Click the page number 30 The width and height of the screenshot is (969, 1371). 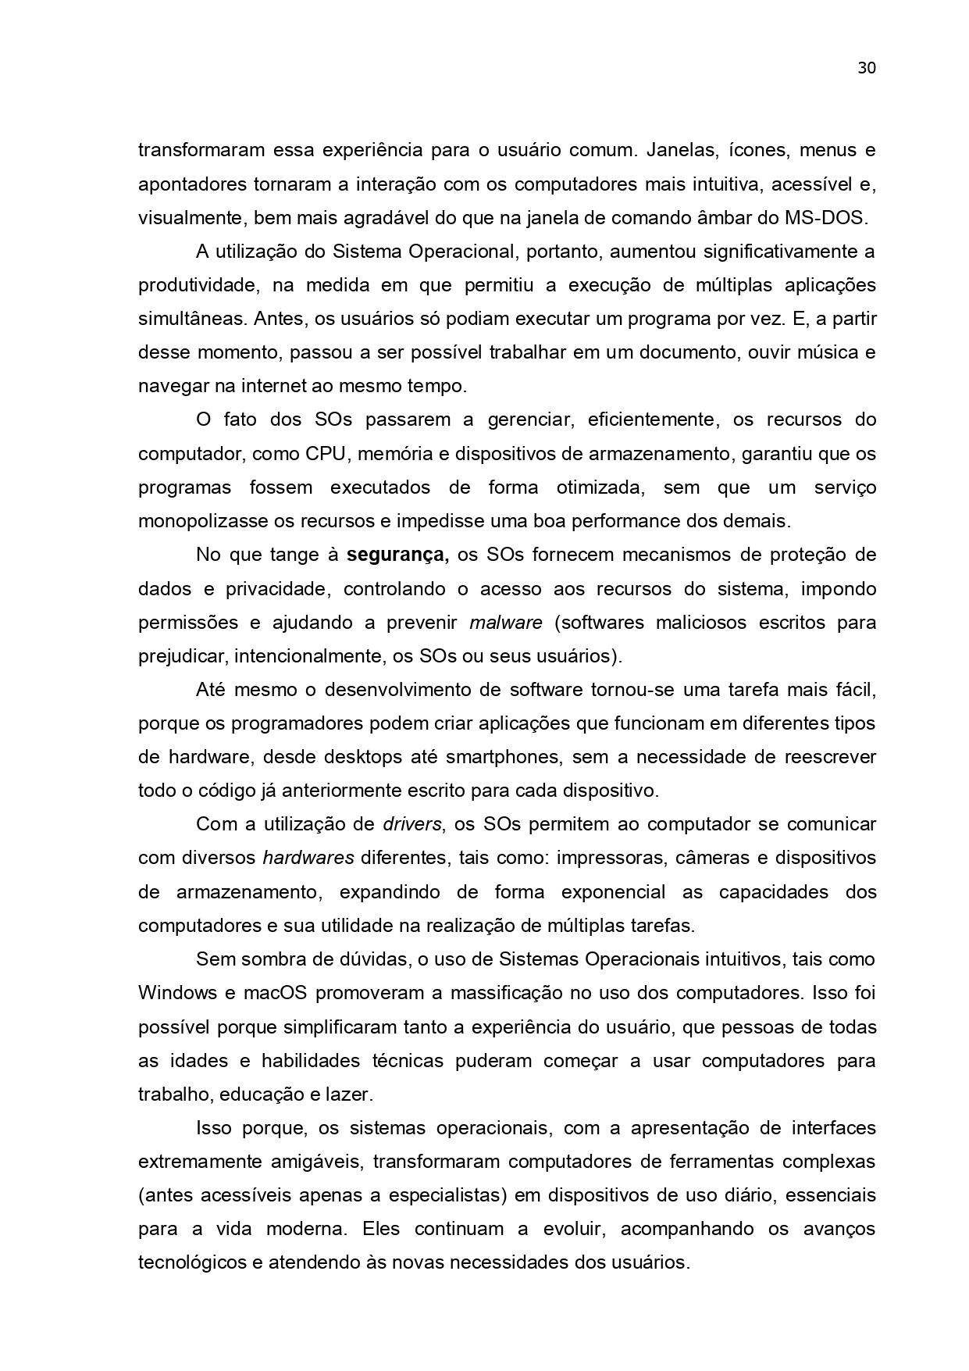(x=867, y=68)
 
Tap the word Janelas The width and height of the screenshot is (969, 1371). (x=677, y=150)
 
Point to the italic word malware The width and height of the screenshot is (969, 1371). (x=505, y=623)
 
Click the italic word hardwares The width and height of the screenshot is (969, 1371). (x=308, y=859)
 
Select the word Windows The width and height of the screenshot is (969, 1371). (x=177, y=994)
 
